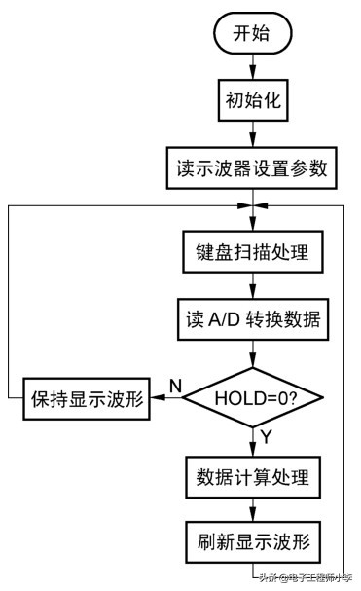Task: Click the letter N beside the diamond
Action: tap(175, 386)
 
